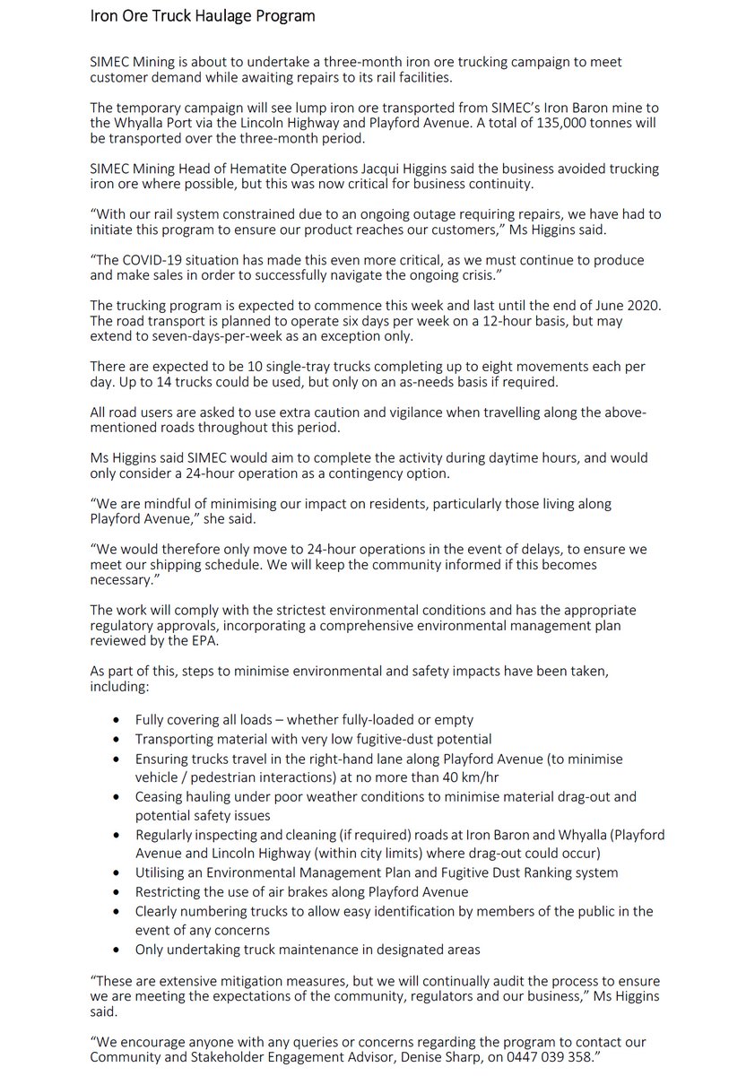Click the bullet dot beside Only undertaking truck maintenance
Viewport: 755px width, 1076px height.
point(117,950)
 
